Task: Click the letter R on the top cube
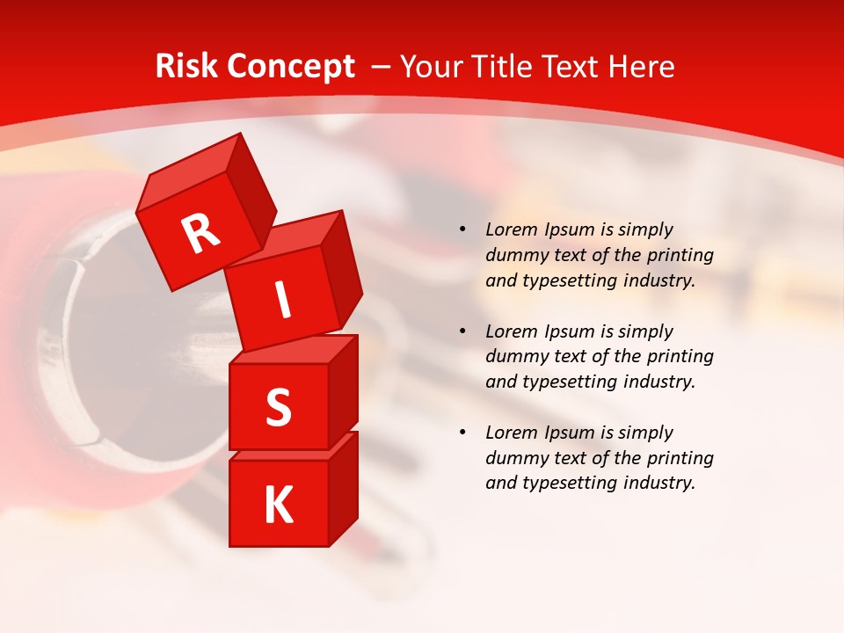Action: click(200, 234)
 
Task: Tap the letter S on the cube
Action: click(278, 407)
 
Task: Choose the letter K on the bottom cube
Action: click(278, 506)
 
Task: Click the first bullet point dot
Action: click(462, 229)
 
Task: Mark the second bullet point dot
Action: click(462, 331)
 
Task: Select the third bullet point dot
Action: click(462, 433)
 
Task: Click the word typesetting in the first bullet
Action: click(564, 281)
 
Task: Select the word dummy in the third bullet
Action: click(514, 458)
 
